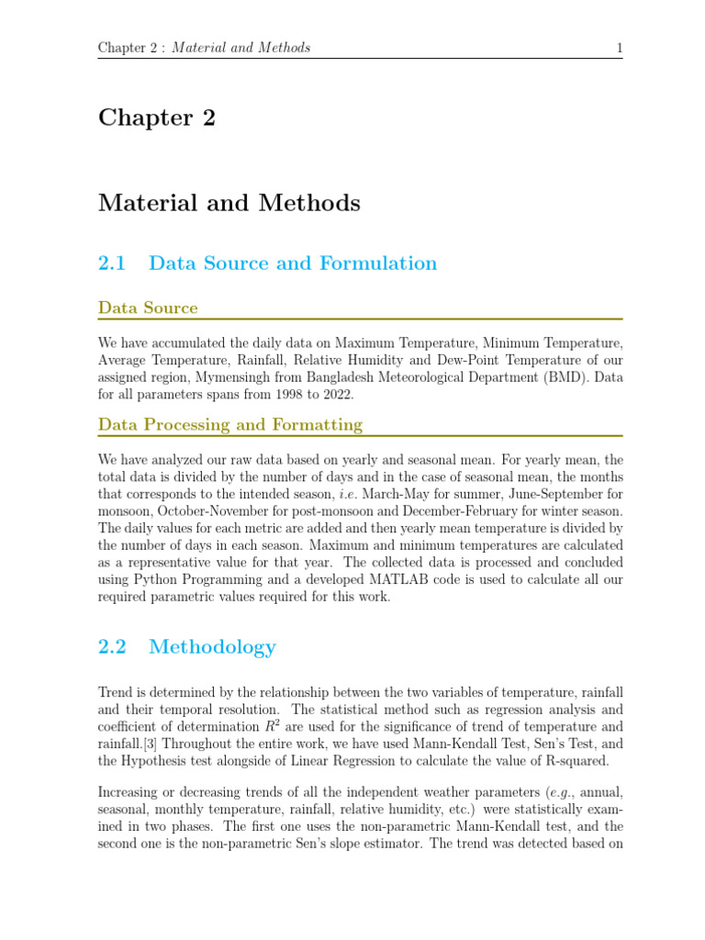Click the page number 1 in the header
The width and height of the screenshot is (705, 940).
(x=620, y=48)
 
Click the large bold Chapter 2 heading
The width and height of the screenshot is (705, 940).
(x=157, y=118)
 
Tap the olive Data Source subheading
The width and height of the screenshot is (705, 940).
(x=148, y=308)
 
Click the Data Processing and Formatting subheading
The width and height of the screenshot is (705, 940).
(x=230, y=424)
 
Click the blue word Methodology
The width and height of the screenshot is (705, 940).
(x=212, y=647)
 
